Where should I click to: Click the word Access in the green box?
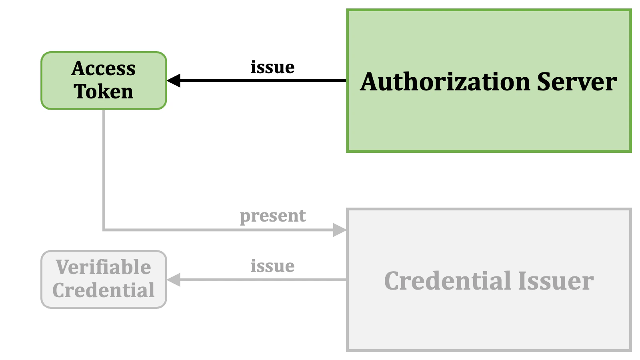(x=104, y=68)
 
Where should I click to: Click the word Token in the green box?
(x=104, y=92)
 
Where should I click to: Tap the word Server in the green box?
(x=576, y=82)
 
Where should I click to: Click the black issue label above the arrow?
(x=272, y=67)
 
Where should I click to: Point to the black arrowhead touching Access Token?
(x=174, y=80)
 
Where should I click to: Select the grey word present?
(x=272, y=216)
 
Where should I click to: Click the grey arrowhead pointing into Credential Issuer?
(x=340, y=230)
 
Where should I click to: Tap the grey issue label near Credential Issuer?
(x=272, y=266)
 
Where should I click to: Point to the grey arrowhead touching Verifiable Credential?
(x=174, y=280)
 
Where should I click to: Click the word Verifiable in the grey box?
(x=104, y=267)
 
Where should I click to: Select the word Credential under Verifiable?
(x=104, y=290)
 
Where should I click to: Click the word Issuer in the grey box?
(x=556, y=281)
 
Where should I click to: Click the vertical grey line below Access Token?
(x=104, y=168)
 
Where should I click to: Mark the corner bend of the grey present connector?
(x=104, y=230)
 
